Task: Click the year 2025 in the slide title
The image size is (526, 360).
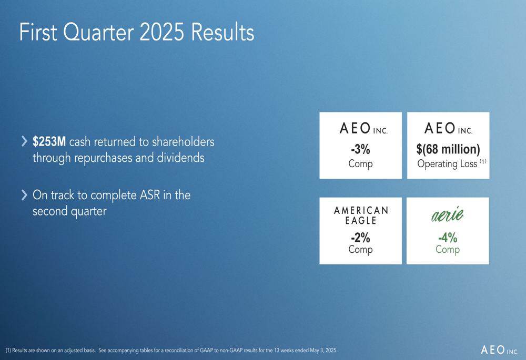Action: (x=161, y=33)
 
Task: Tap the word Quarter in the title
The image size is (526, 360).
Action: (x=99, y=33)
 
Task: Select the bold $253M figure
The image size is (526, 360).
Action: (x=49, y=142)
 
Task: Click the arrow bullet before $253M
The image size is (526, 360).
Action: (x=24, y=141)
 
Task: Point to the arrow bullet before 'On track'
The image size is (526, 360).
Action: (x=24, y=195)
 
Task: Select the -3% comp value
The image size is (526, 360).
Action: (x=360, y=149)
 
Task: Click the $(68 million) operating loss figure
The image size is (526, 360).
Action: (x=448, y=149)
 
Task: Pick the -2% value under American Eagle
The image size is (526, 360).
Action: (x=360, y=238)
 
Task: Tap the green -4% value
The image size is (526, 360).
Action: (x=448, y=238)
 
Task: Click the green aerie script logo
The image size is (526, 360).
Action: (x=448, y=214)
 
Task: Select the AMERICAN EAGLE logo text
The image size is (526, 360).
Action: (x=361, y=215)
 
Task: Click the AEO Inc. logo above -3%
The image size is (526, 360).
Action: (x=363, y=128)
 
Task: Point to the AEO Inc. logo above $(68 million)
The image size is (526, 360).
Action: (x=448, y=128)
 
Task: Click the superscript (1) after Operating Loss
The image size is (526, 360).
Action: (x=482, y=161)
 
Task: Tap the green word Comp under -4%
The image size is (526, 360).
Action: (x=448, y=250)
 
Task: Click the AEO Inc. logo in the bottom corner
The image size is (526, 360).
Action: (x=500, y=350)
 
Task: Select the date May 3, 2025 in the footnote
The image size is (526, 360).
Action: (x=323, y=351)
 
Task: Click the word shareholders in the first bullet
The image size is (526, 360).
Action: (x=183, y=142)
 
